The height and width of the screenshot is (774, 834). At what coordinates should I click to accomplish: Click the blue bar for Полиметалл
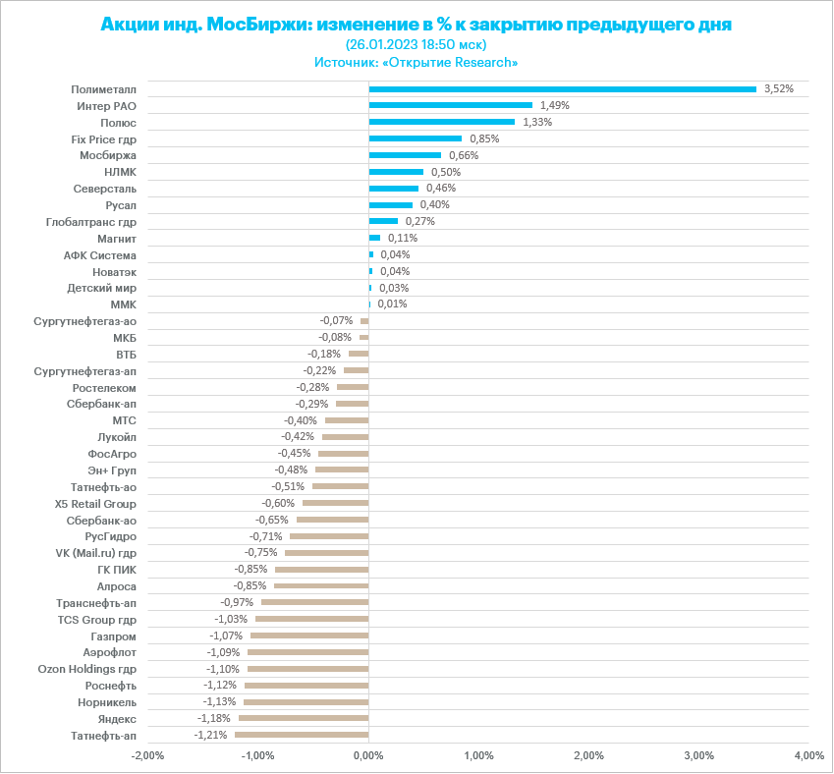pyautogui.click(x=562, y=88)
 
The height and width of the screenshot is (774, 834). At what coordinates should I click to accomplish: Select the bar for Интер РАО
pyautogui.click(x=450, y=105)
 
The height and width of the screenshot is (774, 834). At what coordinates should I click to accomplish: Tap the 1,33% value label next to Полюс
pyautogui.click(x=537, y=122)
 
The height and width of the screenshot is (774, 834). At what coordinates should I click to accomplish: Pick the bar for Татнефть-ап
pyautogui.click(x=302, y=735)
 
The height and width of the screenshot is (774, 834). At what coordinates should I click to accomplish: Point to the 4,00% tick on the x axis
pyautogui.click(x=808, y=755)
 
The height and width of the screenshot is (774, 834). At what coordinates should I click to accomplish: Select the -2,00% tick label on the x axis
pyautogui.click(x=147, y=755)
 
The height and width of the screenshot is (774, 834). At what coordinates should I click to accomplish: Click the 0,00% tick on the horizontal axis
pyautogui.click(x=368, y=755)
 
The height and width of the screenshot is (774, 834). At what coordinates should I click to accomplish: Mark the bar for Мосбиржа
pyautogui.click(x=405, y=155)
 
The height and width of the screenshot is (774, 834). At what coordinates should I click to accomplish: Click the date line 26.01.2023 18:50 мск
pyautogui.click(x=417, y=44)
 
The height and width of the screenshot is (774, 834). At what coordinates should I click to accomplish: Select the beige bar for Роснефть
pyautogui.click(x=306, y=686)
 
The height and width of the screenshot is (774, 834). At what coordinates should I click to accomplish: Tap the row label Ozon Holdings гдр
pyautogui.click(x=87, y=669)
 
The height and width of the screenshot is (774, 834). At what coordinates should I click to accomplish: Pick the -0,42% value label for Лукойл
pyautogui.click(x=298, y=436)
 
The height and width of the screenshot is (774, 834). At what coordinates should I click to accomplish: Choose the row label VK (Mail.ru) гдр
pyautogui.click(x=96, y=553)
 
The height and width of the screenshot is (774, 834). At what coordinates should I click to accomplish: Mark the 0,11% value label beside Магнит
pyautogui.click(x=403, y=238)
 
